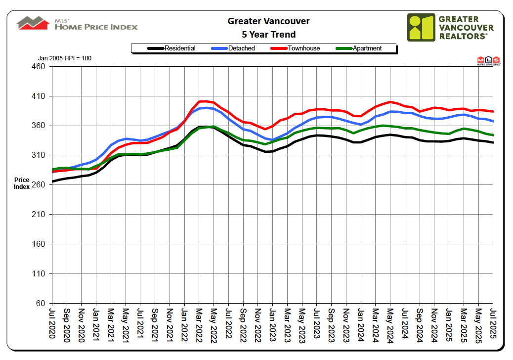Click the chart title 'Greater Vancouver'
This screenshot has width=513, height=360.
point(268,21)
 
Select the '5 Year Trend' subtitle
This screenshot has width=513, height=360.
point(268,35)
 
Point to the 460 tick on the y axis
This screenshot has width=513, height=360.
point(38,66)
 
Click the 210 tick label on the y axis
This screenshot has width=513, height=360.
point(38,215)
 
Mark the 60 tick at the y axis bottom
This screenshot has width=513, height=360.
point(40,303)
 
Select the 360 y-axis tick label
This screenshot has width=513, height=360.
point(38,126)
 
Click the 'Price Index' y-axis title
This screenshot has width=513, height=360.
point(22,183)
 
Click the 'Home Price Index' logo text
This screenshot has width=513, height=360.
point(96,27)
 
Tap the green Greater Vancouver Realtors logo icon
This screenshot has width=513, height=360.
point(421,27)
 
